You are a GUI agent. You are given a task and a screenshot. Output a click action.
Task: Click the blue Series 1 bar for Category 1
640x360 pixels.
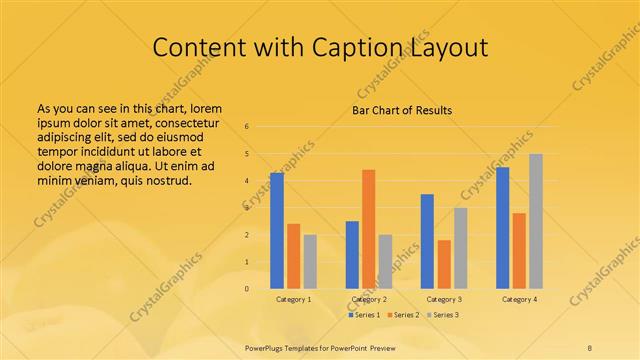click(x=277, y=230)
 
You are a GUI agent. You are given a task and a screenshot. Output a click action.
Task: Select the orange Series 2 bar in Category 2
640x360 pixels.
click(x=369, y=229)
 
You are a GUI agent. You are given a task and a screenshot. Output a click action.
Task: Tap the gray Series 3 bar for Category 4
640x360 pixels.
click(x=536, y=221)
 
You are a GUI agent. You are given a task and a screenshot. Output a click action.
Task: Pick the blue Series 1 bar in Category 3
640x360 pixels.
click(x=427, y=241)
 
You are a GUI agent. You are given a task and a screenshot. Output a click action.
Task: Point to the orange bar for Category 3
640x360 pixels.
click(x=444, y=264)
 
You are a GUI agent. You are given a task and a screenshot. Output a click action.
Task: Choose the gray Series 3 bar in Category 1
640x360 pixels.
click(x=310, y=261)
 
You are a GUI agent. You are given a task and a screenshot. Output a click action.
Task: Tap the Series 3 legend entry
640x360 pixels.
click(x=443, y=315)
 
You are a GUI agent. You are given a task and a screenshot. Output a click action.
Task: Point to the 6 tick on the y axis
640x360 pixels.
click(x=246, y=127)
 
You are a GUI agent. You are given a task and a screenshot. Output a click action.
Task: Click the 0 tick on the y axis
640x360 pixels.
click(x=246, y=288)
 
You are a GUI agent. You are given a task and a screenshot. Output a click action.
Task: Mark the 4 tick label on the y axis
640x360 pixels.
click(x=246, y=181)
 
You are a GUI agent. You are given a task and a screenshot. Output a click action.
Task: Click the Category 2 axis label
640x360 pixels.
click(x=369, y=299)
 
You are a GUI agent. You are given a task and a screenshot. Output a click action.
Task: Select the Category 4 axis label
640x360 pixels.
click(x=519, y=299)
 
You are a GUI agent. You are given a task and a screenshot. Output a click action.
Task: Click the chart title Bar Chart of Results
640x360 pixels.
click(x=402, y=110)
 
